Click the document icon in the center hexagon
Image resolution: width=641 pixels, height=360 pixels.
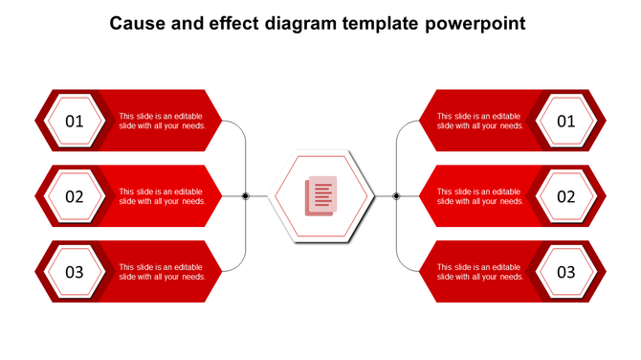[320, 196]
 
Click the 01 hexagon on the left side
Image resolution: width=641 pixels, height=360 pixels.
[75, 121]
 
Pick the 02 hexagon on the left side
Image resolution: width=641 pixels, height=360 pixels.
[75, 196]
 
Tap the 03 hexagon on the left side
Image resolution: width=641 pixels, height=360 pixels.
[75, 272]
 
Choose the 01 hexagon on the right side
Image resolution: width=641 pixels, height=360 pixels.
[566, 121]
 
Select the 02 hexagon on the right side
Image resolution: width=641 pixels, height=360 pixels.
[566, 196]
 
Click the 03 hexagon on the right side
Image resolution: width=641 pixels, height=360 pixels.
[566, 272]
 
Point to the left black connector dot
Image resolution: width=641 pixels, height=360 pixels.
[246, 196]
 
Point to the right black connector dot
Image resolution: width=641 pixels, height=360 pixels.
[396, 196]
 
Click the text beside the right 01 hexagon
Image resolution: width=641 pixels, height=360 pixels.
[479, 121]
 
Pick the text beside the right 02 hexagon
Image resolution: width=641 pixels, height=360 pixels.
[479, 196]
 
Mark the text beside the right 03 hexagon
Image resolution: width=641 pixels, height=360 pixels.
[479, 272]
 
